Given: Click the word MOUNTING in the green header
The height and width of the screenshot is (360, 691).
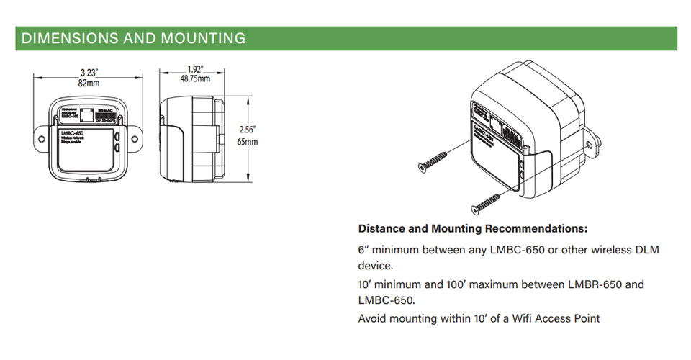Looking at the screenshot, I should pos(204,38).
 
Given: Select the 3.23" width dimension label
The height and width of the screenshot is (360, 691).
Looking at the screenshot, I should pos(89,72).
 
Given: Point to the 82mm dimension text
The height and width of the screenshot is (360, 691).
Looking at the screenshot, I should pos(89,84).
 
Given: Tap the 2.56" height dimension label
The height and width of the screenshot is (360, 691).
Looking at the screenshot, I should pos(247,130).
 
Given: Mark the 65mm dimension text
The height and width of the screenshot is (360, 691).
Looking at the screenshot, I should pos(247,142).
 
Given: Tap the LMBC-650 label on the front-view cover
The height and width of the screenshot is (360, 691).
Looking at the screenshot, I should pos(73,134).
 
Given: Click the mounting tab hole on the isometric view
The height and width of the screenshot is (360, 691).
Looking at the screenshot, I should pos(590,143).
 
